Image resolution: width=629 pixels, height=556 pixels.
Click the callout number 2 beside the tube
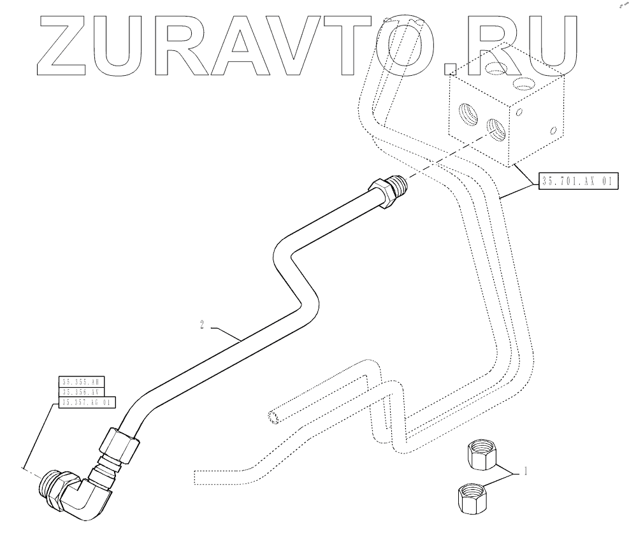(202, 325)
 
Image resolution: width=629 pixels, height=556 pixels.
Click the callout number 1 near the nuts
(526, 472)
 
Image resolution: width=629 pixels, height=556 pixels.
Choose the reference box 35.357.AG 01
(87, 403)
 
